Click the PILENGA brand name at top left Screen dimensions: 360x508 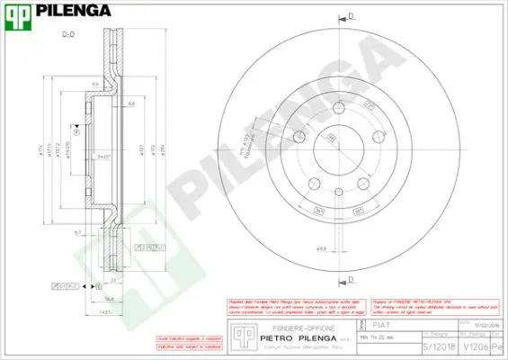pyautogui.click(x=73, y=12)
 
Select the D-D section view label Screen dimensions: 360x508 pyautogui.click(x=67, y=34)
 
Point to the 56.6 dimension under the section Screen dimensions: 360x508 pyautogui.click(x=110, y=300)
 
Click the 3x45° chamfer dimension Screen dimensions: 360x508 pyautogui.click(x=104, y=156)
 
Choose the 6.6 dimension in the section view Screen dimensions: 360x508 pyautogui.click(x=130, y=105)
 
